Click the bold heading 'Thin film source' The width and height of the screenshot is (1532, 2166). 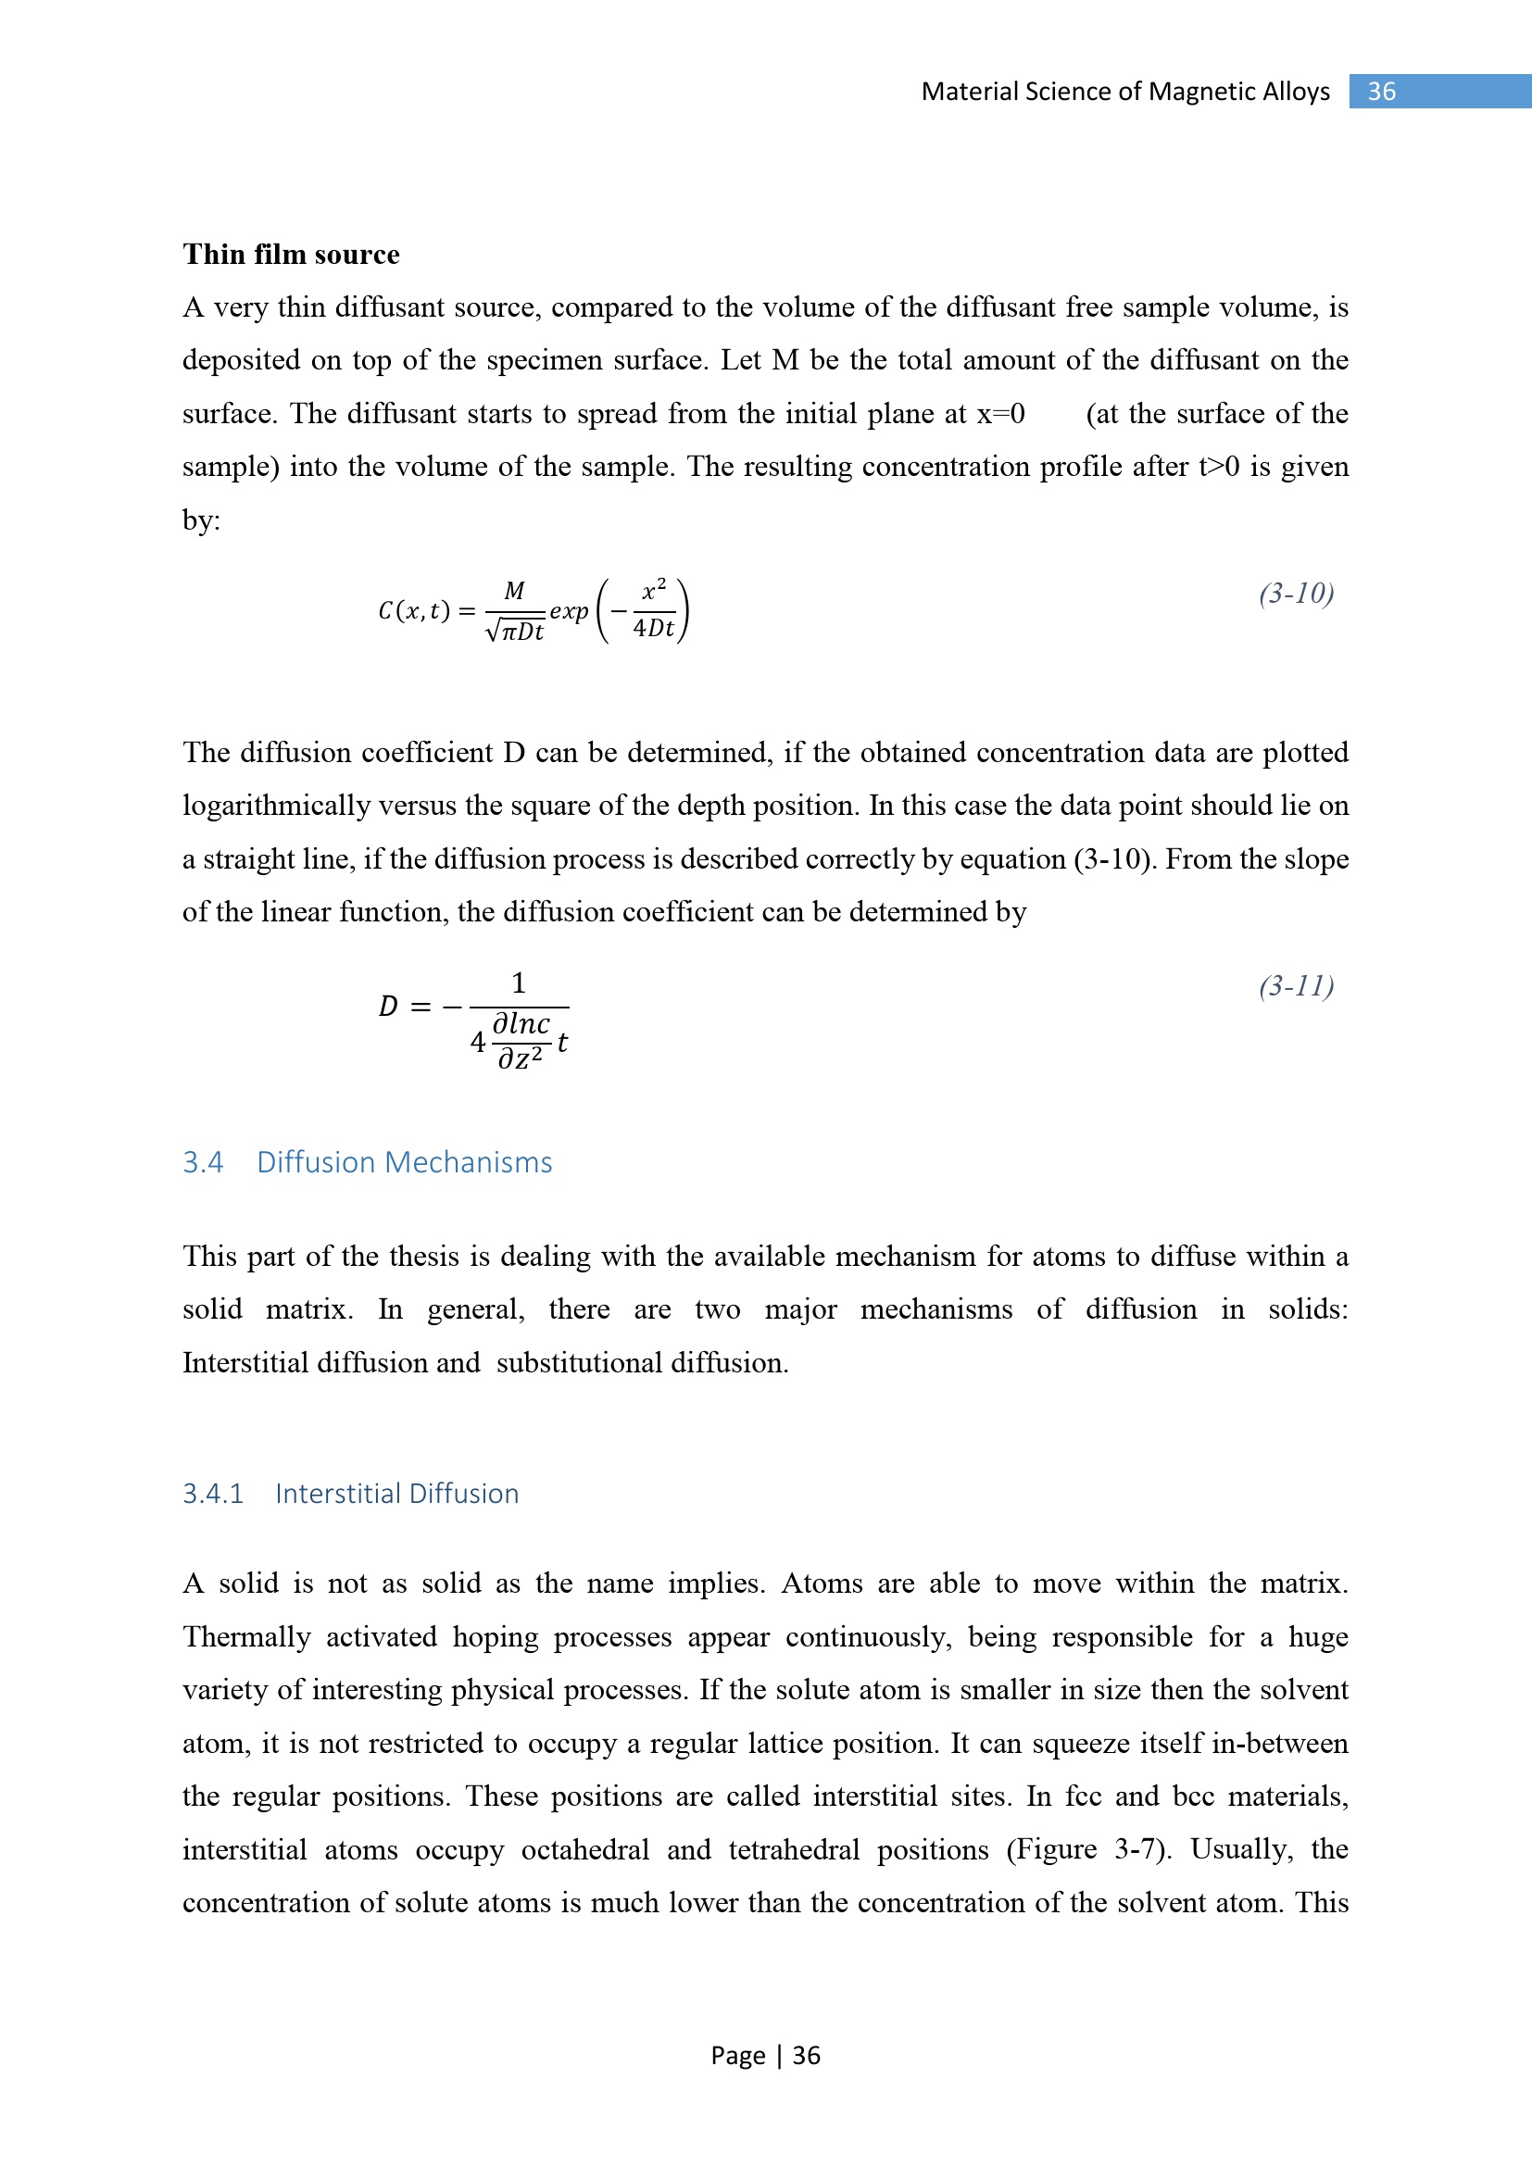pyautogui.click(x=291, y=255)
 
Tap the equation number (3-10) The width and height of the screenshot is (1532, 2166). pyautogui.click(x=1296, y=594)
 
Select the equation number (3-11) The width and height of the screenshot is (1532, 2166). pyautogui.click(x=1296, y=986)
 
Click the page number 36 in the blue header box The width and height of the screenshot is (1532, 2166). pyautogui.click(x=1381, y=92)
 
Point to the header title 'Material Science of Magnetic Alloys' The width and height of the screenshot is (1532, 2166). pyautogui.click(x=1124, y=92)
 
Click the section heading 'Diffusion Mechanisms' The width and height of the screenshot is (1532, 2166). pyautogui.click(x=404, y=1162)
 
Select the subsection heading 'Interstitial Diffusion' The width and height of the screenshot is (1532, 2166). pyautogui.click(x=396, y=1494)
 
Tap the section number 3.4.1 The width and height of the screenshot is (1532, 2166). pyautogui.click(x=212, y=1494)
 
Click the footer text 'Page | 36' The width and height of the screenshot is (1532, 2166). pyautogui.click(x=765, y=2055)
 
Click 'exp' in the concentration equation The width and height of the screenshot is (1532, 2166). pyautogui.click(x=569, y=611)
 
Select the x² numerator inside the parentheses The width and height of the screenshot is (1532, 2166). pyautogui.click(x=654, y=591)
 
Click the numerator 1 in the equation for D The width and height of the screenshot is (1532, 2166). pyautogui.click(x=518, y=984)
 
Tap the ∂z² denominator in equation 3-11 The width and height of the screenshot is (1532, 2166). pyautogui.click(x=520, y=1059)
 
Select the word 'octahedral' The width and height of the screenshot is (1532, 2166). pyautogui.click(x=584, y=1849)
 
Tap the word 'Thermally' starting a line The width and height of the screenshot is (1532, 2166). pyautogui.click(x=246, y=1636)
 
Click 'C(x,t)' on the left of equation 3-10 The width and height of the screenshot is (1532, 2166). pyautogui.click(x=413, y=611)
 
